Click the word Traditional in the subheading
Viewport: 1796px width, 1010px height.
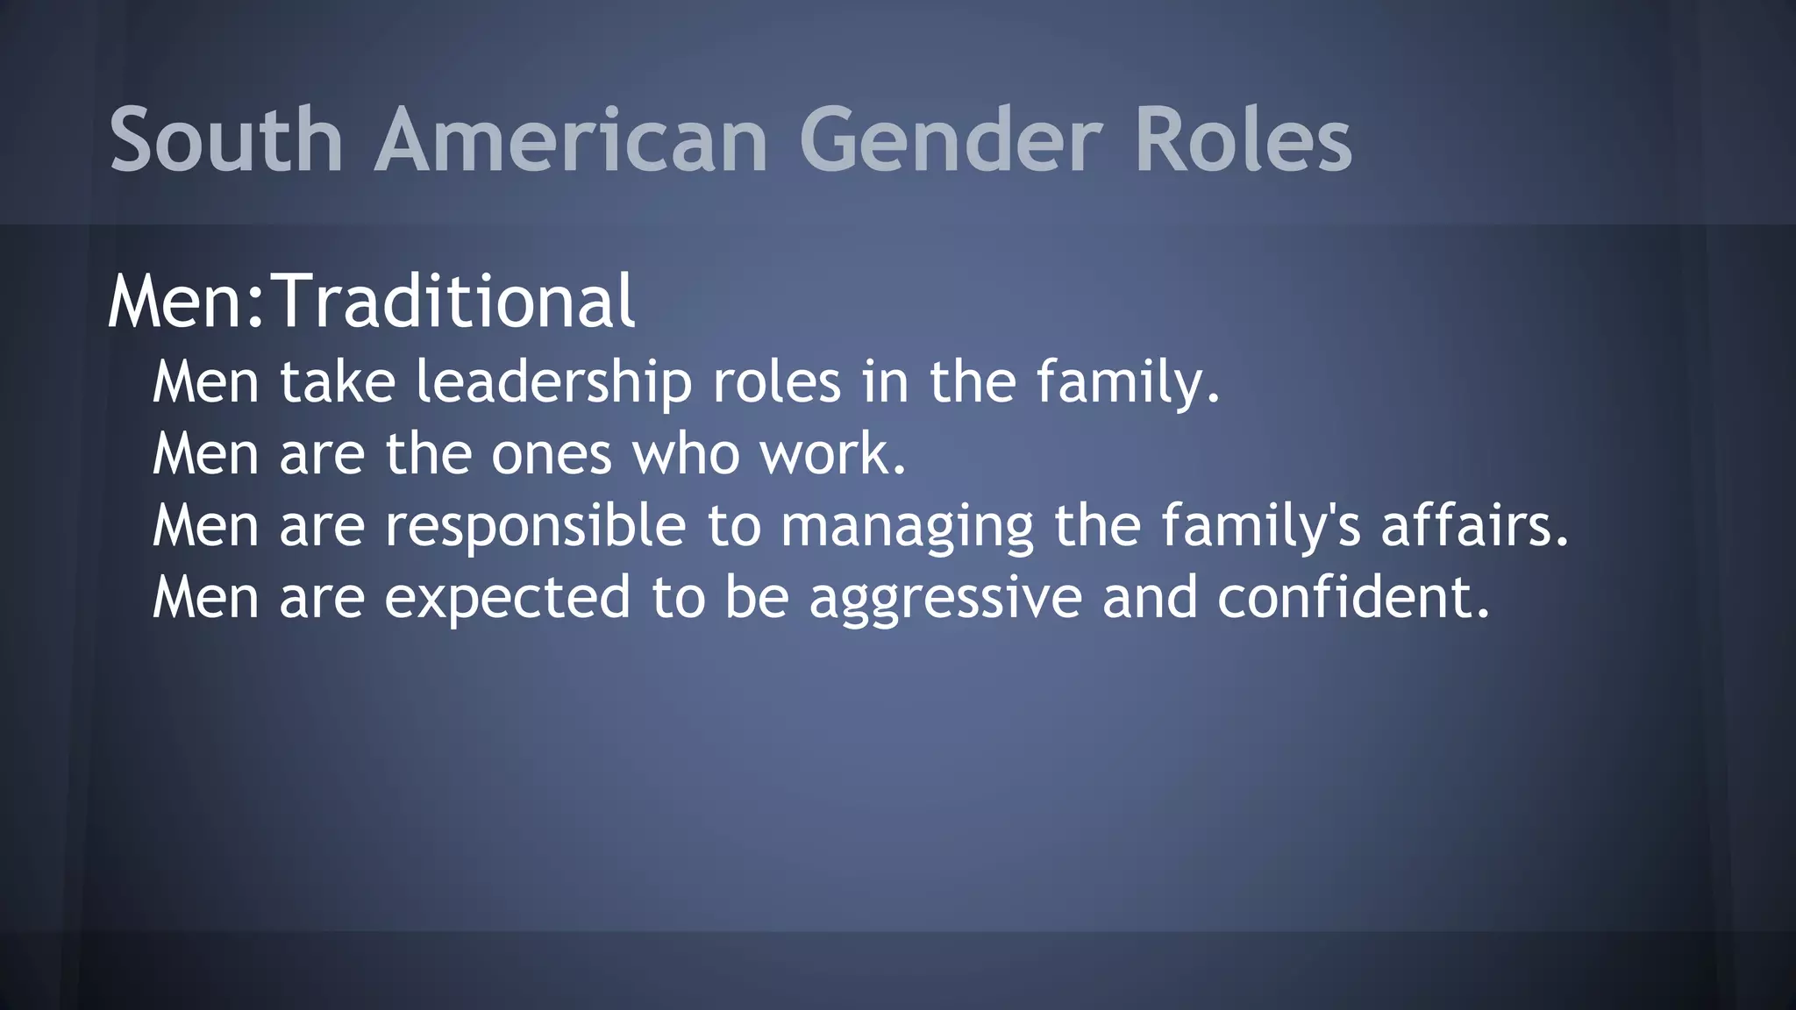[x=454, y=301]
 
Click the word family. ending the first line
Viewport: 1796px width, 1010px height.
[x=1128, y=383]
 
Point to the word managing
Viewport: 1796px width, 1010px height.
[x=907, y=526]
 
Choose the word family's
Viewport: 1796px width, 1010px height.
[x=1260, y=526]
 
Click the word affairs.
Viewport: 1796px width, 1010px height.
[x=1474, y=526]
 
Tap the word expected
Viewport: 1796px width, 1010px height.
[x=507, y=598]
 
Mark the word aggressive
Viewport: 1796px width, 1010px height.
[x=945, y=598]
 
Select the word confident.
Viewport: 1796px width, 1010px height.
[x=1353, y=598]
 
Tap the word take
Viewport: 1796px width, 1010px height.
[x=338, y=383]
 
